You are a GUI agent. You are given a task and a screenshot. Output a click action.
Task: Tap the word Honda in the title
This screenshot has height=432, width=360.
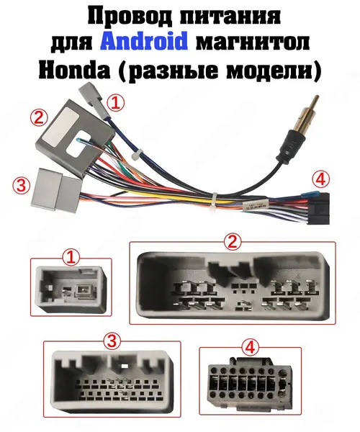(x=74, y=71)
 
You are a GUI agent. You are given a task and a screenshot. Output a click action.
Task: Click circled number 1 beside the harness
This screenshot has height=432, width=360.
(x=115, y=103)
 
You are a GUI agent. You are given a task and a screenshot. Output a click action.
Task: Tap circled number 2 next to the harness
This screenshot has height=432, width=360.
(x=39, y=118)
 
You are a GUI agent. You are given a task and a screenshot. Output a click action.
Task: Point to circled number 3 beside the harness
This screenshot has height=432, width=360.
(x=21, y=185)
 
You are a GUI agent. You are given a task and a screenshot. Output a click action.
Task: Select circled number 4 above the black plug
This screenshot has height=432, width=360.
(x=320, y=180)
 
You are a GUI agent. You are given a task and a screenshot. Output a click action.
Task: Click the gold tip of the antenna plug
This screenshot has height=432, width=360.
(x=316, y=101)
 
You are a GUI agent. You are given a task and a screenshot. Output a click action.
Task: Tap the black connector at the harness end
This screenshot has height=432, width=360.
(x=322, y=208)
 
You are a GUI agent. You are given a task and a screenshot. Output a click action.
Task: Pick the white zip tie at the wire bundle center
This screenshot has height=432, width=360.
(x=214, y=204)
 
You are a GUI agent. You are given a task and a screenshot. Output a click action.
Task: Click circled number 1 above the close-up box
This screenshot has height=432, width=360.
(x=71, y=257)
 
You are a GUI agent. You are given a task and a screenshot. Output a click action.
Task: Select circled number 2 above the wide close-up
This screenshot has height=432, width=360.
(x=232, y=242)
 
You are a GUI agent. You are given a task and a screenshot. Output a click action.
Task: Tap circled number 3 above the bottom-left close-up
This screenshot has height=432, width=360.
(x=112, y=341)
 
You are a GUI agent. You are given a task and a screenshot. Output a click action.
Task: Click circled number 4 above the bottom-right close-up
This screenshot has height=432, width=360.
(x=250, y=347)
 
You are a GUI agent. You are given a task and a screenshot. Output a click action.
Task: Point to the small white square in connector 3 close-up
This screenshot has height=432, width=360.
(x=124, y=366)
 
